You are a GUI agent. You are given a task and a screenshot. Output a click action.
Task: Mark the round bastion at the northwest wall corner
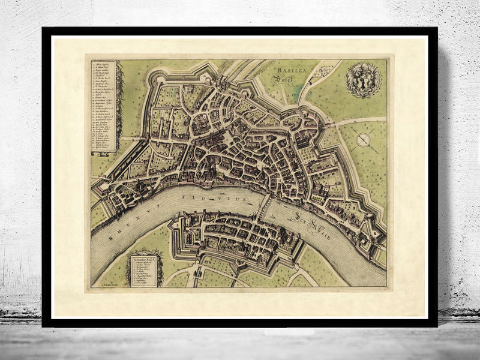pyautogui.click(x=158, y=78)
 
